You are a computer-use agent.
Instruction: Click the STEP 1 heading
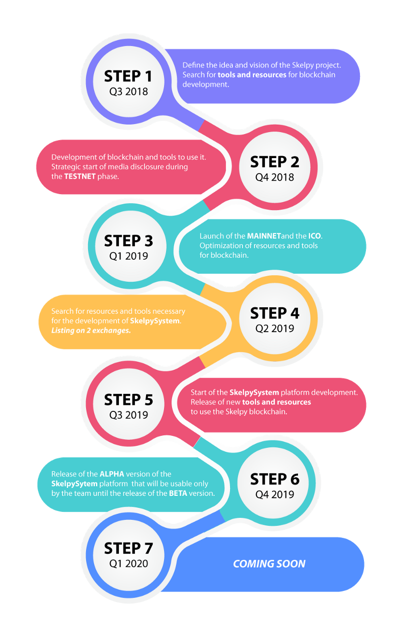(x=128, y=76)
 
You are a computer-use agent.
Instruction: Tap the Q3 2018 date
(x=128, y=92)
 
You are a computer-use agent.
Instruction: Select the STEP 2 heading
(x=274, y=162)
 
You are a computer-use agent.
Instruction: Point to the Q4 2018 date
(x=274, y=177)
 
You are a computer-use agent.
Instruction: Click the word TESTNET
(x=80, y=176)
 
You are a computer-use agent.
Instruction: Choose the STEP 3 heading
(x=128, y=241)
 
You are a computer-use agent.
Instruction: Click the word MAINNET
(x=264, y=236)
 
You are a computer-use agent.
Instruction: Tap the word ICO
(x=314, y=236)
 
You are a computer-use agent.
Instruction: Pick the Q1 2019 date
(x=128, y=256)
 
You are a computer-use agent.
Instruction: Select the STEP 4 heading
(x=274, y=313)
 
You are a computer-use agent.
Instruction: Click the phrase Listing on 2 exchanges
(x=91, y=330)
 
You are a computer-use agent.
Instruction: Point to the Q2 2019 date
(x=274, y=328)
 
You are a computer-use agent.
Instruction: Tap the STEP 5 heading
(x=128, y=399)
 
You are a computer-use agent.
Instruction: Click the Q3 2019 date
(x=128, y=415)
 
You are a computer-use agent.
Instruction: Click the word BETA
(x=178, y=493)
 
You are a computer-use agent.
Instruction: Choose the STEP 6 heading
(x=274, y=479)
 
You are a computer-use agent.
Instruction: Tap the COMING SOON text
(x=269, y=563)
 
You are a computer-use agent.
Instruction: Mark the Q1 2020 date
(x=128, y=563)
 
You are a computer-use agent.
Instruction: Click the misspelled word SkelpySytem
(x=74, y=483)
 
